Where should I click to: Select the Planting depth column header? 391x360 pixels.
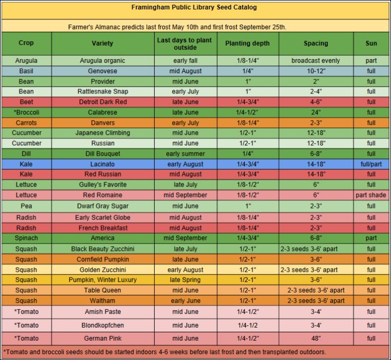248,43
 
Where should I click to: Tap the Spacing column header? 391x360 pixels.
316,43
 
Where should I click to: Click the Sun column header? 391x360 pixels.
371,43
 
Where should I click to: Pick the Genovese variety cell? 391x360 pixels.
102,71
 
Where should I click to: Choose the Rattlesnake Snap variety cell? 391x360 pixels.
102,91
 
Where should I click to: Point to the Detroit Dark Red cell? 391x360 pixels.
102,102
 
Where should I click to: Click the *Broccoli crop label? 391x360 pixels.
26,112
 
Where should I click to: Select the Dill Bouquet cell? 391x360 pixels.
102,154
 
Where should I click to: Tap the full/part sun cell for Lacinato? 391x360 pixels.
371,164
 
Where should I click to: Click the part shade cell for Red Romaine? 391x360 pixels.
371,195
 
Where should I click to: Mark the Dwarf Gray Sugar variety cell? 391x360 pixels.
102,206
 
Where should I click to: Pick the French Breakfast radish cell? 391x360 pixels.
102,228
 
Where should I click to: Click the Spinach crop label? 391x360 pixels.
26,238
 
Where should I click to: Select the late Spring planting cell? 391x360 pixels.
185,280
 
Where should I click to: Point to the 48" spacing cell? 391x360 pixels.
316,338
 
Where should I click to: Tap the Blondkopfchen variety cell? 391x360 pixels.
102,324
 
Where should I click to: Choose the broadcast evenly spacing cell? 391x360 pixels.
316,61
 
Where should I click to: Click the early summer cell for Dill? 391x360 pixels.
185,154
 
